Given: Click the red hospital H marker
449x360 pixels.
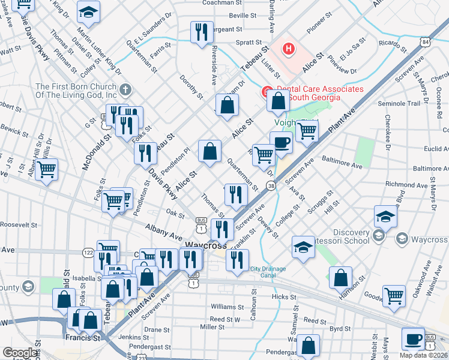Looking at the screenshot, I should pyautogui.click(x=289, y=49).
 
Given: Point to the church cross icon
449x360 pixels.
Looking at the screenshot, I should pyautogui.click(x=125, y=90).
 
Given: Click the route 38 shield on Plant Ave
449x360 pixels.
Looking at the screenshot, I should pyautogui.click(x=272, y=187).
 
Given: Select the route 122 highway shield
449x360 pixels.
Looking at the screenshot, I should pyautogui.click(x=88, y=253).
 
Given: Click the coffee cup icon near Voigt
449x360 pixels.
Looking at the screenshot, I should pyautogui.click(x=281, y=143).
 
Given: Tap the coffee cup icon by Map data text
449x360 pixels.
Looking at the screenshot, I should pyautogui.click(x=413, y=338).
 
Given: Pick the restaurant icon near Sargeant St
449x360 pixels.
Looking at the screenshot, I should pyautogui.click(x=202, y=31).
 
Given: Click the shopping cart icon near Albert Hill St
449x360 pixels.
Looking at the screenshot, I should pyautogui.click(x=46, y=169).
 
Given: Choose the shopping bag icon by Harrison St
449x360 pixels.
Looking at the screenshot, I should pyautogui.click(x=340, y=278).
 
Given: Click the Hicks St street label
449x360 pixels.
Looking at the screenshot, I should pyautogui.click(x=280, y=297).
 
